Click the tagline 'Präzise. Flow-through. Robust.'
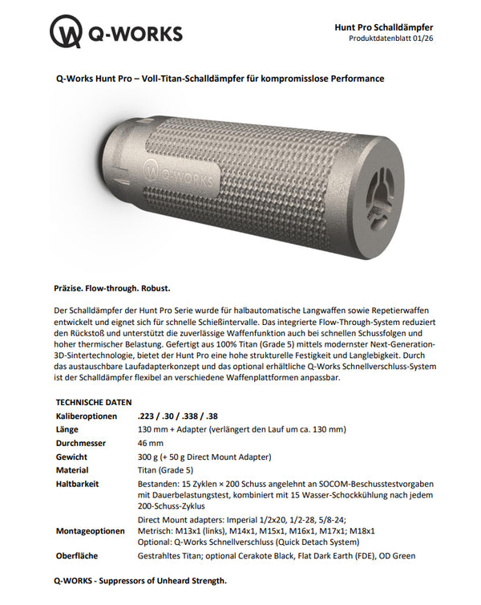tap(112, 287)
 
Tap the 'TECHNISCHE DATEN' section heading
tap(93, 401)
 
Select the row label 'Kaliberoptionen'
tap(86, 416)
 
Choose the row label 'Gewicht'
tap(73, 457)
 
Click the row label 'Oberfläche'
tap(79, 555)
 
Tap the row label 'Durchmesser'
tap(83, 443)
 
